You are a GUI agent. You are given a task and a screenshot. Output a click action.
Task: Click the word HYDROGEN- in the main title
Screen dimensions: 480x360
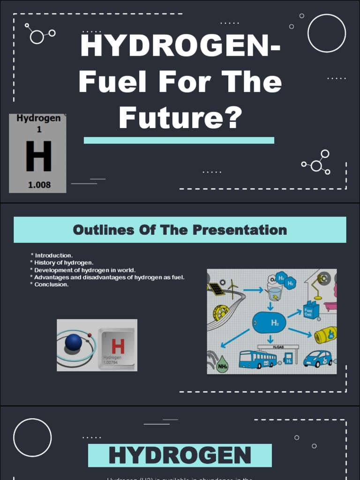(x=180, y=47)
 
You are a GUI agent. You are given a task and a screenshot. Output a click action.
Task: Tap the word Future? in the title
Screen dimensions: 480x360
(x=180, y=118)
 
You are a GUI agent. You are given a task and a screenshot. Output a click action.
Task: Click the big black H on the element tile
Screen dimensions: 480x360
(x=38, y=157)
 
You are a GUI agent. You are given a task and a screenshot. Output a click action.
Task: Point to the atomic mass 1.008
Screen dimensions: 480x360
(x=39, y=185)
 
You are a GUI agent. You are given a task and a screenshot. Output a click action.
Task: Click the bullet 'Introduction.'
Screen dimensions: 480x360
(x=53, y=255)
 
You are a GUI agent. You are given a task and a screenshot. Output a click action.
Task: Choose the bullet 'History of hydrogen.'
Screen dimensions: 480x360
(x=64, y=262)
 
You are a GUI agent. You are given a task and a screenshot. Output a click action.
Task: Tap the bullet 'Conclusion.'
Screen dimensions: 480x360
(x=51, y=284)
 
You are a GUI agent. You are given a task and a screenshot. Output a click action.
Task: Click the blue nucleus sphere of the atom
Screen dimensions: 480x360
(x=74, y=343)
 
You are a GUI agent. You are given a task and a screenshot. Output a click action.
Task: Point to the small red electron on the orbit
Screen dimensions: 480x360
(x=90, y=335)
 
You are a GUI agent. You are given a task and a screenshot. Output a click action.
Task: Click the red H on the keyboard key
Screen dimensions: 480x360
(x=118, y=347)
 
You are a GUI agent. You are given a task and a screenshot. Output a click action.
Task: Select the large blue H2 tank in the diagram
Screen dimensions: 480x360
(x=269, y=322)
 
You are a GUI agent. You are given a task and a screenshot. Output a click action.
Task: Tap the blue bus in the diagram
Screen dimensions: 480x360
(x=257, y=359)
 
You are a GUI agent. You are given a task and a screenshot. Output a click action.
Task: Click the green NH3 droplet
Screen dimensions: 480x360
(x=222, y=364)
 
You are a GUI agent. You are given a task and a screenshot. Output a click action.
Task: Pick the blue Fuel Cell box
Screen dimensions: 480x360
(x=311, y=310)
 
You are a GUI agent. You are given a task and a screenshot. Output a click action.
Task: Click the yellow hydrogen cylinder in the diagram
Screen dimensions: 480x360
(x=325, y=335)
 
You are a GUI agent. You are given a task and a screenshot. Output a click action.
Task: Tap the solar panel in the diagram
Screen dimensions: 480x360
(x=216, y=289)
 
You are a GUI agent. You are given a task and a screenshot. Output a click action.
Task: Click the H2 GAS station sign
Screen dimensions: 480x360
(x=278, y=347)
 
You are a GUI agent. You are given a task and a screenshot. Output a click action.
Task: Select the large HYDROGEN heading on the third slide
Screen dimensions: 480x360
(x=180, y=456)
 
